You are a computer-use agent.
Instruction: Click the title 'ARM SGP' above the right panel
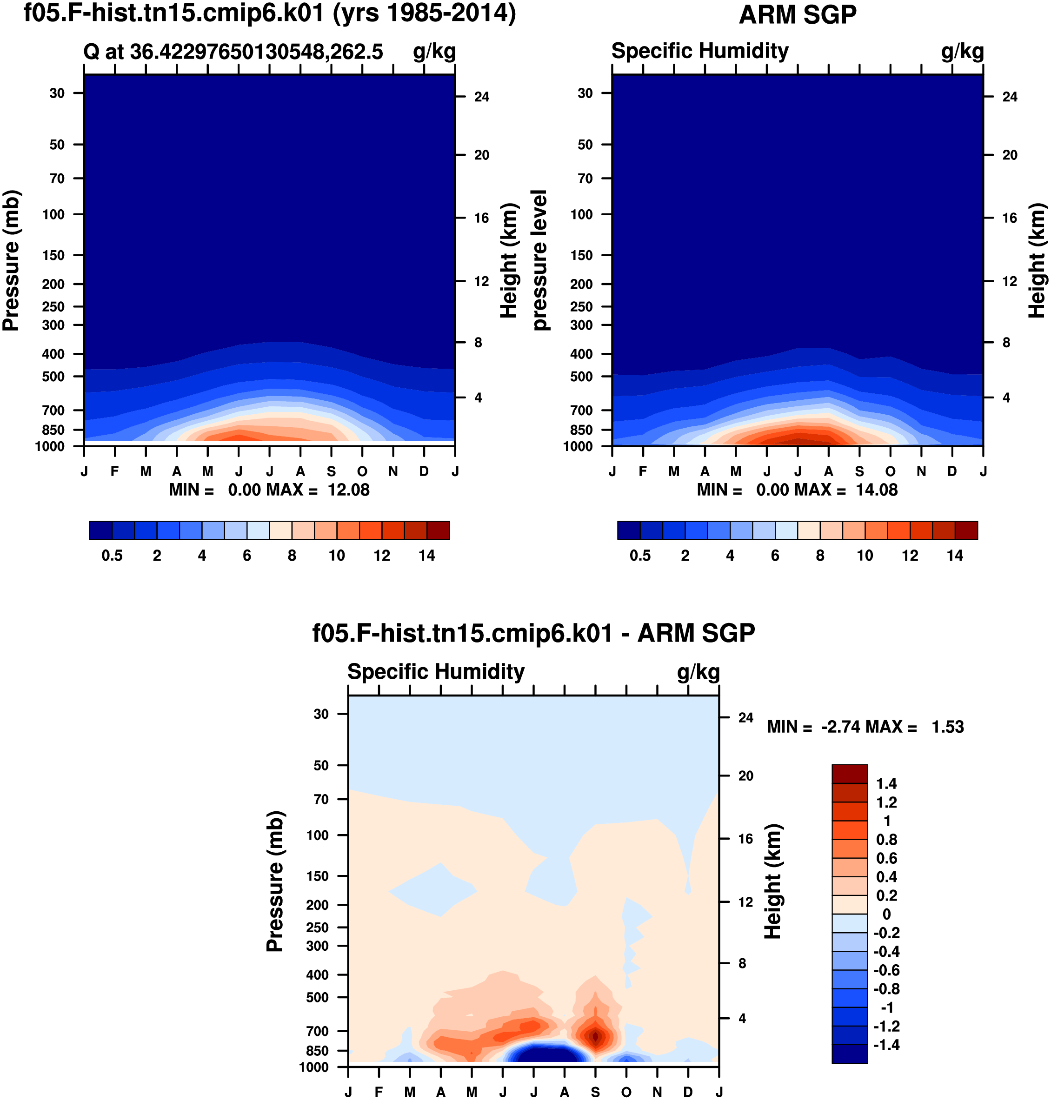(x=797, y=15)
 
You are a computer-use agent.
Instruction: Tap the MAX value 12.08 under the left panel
(x=348, y=490)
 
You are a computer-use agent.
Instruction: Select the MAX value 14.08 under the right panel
(x=876, y=490)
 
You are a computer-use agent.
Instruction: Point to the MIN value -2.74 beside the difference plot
(x=840, y=727)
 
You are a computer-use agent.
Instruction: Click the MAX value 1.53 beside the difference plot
(x=947, y=727)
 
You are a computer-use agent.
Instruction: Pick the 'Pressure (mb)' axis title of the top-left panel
(x=11, y=260)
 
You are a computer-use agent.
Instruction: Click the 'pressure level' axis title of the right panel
(x=539, y=260)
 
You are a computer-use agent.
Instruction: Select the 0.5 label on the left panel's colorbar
(x=112, y=556)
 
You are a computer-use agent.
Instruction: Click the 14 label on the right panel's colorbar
(x=955, y=556)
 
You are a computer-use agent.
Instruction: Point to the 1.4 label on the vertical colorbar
(x=886, y=783)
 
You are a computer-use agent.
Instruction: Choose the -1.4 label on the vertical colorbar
(x=886, y=1045)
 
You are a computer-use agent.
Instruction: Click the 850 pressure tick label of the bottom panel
(x=317, y=1051)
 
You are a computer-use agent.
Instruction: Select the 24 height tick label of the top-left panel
(x=482, y=97)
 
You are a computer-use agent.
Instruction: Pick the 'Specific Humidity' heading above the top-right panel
(x=700, y=51)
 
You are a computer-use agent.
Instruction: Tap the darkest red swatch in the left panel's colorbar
(x=438, y=530)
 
